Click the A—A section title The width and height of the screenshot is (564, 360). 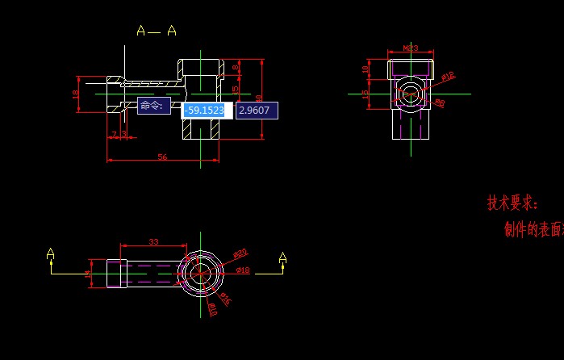[x=157, y=31]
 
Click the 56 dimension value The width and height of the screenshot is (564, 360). [x=162, y=157]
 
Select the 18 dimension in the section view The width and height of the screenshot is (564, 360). [x=76, y=94]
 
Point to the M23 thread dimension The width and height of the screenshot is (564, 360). [x=411, y=48]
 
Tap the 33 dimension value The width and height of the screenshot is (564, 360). [x=154, y=241]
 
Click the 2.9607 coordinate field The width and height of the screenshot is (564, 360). [x=257, y=111]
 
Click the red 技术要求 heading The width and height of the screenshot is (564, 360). [x=512, y=203]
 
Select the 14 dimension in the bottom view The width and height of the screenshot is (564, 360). [x=89, y=274]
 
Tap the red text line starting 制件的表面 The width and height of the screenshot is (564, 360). [x=533, y=230]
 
